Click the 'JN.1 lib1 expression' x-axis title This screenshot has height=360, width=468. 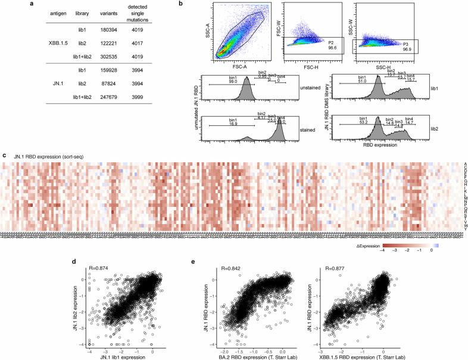(x=85, y=355)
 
